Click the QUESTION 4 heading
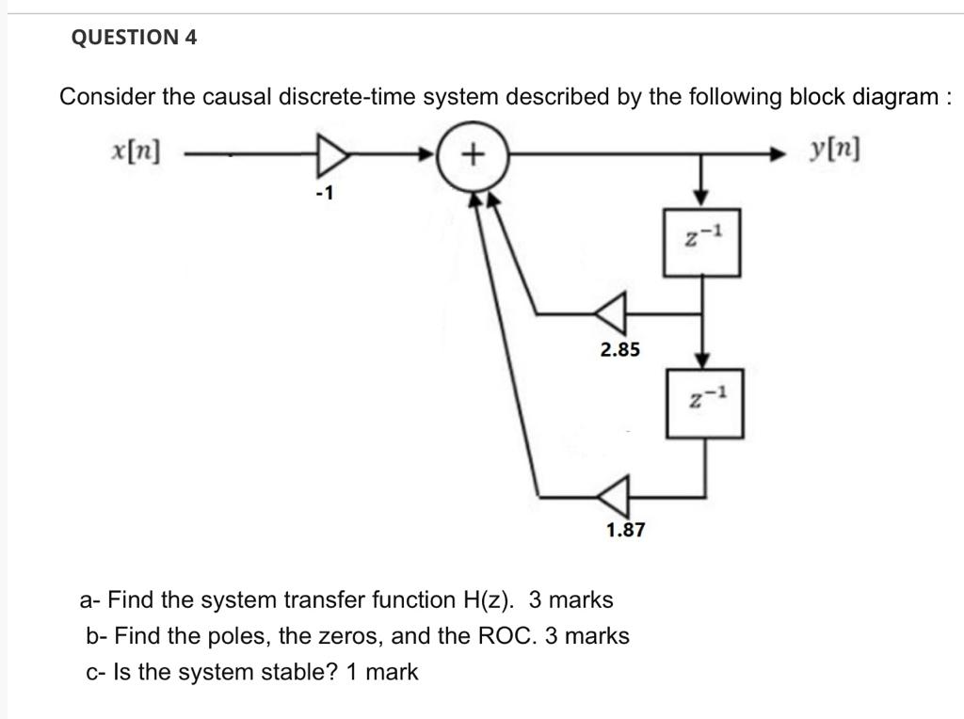[135, 38]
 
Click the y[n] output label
[834, 151]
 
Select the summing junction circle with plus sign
[474, 152]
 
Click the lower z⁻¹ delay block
[705, 402]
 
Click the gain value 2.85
[619, 350]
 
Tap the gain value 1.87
[625, 531]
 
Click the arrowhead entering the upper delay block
[701, 196]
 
